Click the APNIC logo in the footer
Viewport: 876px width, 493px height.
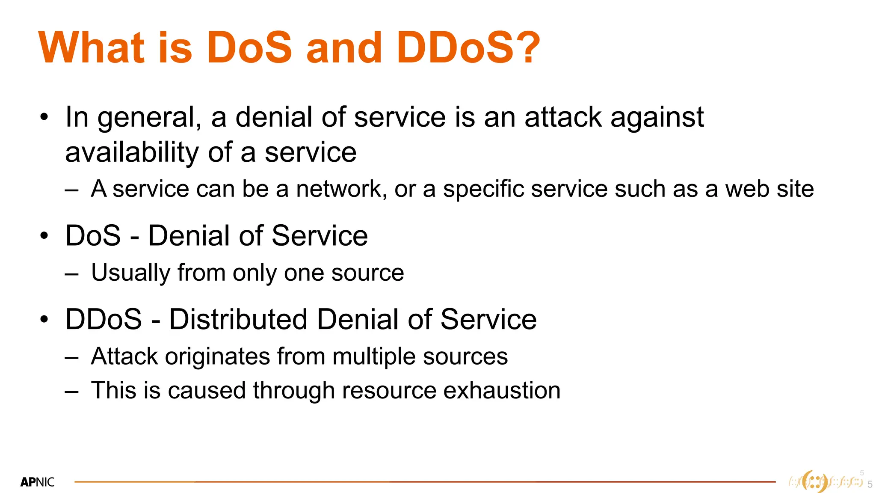click(38, 482)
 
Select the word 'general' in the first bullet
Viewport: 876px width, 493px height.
click(145, 118)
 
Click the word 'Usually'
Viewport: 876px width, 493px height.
click(131, 273)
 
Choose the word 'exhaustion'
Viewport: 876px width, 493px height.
click(502, 390)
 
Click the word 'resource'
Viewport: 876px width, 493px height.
click(389, 390)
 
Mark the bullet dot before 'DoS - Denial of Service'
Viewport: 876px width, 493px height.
click(44, 236)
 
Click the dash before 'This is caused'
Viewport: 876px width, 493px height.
click(72, 391)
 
